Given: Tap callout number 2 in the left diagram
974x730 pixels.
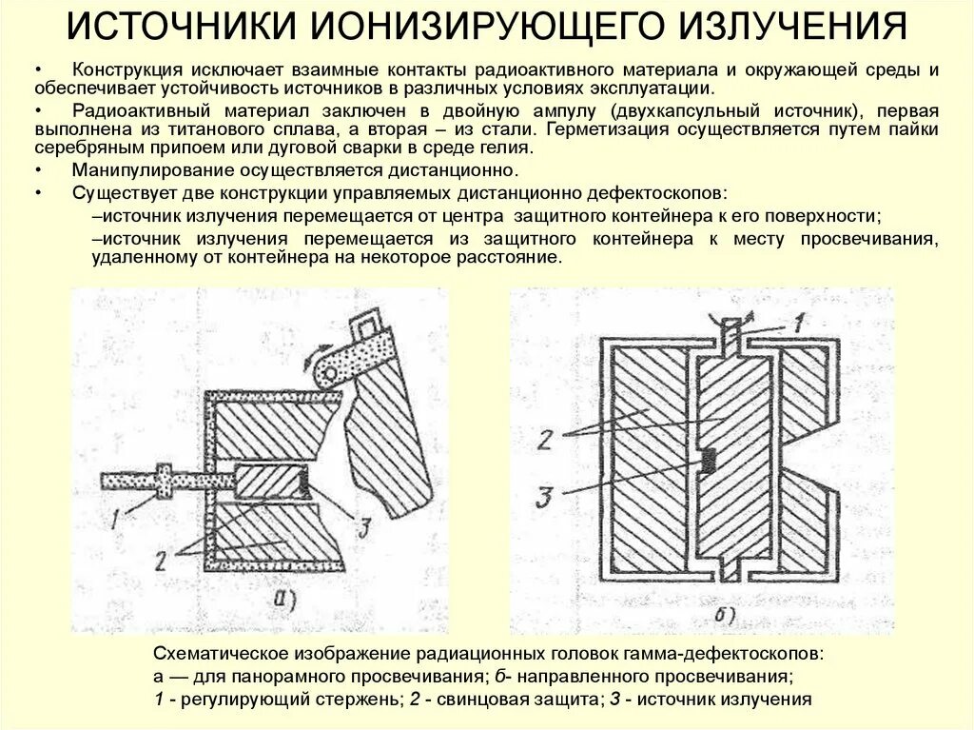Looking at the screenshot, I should [162, 560].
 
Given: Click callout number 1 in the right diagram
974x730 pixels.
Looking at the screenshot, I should [799, 322].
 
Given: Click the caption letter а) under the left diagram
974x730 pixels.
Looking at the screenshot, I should [285, 601].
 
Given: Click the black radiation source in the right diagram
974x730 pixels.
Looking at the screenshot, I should [708, 461].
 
